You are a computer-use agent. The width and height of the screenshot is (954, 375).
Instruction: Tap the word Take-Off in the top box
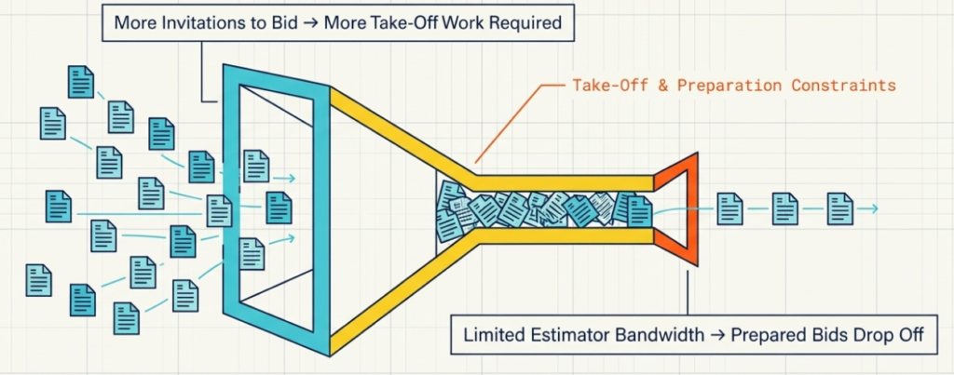click(364, 21)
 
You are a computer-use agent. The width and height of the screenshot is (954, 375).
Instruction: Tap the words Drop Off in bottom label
click(879, 334)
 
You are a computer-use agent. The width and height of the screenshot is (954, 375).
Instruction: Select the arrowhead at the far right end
click(873, 209)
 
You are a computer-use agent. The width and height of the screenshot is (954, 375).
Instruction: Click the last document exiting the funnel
click(840, 208)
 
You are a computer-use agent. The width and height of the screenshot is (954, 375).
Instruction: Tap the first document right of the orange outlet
click(729, 208)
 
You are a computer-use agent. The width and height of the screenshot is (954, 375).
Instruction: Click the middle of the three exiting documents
click(785, 208)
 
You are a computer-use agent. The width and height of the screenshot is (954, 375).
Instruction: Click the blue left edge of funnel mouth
click(230, 205)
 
